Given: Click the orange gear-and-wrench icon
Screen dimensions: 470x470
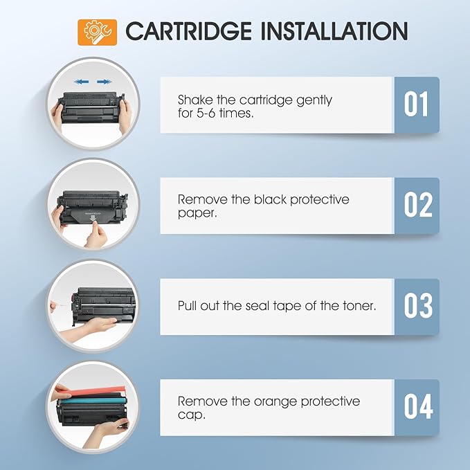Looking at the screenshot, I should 98,32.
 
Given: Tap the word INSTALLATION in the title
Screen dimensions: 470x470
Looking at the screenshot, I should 334,32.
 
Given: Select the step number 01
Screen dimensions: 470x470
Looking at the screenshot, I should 416,105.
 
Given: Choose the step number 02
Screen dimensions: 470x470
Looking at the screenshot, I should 416,206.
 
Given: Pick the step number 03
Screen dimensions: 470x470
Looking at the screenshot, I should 416,306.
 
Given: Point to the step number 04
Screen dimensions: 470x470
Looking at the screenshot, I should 416,407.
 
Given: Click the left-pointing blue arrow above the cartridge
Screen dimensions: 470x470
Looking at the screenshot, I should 82,82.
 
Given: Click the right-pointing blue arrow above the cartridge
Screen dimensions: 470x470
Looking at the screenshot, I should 104,82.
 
